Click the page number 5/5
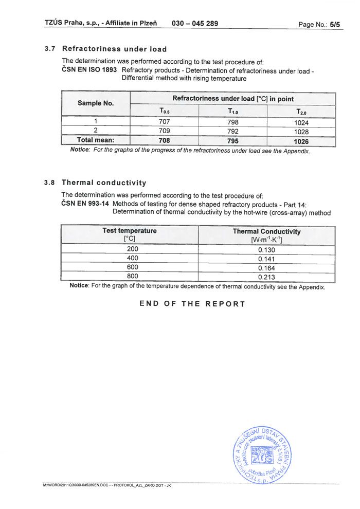coord(335,24)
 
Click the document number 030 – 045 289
coord(194,24)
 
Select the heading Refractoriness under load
coord(114,49)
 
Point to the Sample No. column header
coord(96,103)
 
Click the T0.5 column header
coord(165,112)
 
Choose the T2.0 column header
coord(301,112)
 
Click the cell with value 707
coord(165,122)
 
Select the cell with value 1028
coord(301,131)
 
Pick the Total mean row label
coord(96,140)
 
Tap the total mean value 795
coord(232,140)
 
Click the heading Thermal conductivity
coord(104,183)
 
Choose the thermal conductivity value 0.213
coord(266,277)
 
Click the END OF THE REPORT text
coord(192,304)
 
